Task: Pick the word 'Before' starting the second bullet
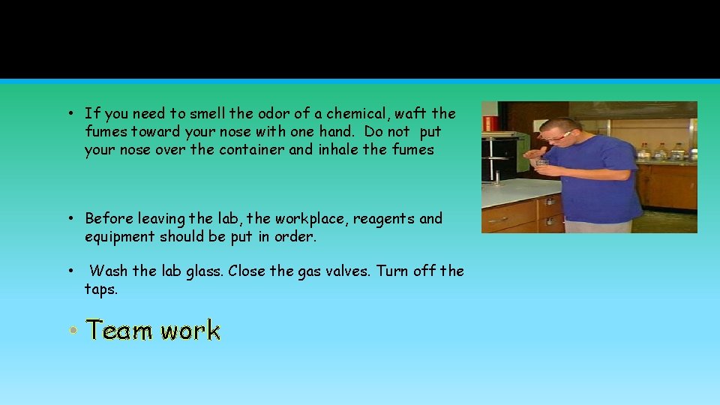pyautogui.click(x=108, y=219)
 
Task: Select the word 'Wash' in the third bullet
pyautogui.click(x=108, y=271)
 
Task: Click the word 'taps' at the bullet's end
pyautogui.click(x=99, y=289)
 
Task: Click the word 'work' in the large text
pyautogui.click(x=190, y=331)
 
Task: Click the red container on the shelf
pyautogui.click(x=490, y=124)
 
